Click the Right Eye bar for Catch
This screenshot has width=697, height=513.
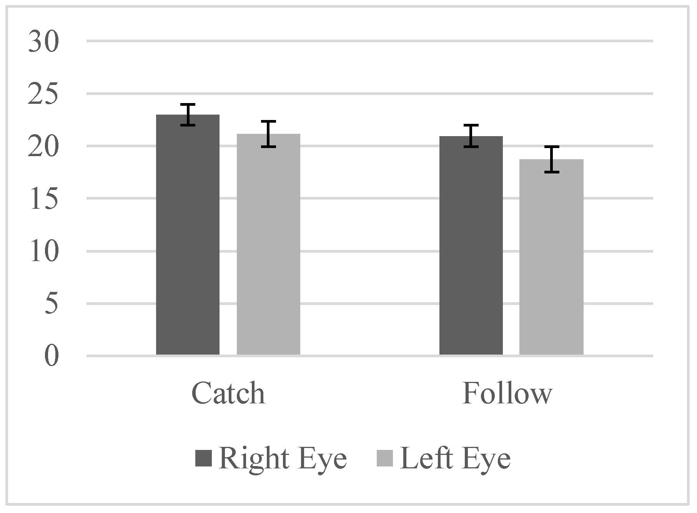188,235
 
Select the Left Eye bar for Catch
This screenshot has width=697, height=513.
268,244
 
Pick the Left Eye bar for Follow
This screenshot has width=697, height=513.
551,257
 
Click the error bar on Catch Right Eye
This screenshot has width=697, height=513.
188,115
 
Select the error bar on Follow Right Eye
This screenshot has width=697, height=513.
471,136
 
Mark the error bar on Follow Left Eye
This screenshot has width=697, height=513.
552,159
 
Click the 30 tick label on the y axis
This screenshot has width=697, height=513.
43,42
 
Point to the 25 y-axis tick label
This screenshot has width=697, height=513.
43,94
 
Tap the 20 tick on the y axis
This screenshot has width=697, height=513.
43,147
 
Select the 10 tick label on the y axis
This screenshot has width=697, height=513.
43,252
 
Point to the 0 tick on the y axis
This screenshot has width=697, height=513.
51,357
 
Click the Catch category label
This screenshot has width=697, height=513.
228,393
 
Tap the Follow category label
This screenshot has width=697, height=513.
507,393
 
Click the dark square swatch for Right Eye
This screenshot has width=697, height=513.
203,458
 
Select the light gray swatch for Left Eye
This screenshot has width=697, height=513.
385,458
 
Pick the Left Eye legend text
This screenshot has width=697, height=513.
456,458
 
